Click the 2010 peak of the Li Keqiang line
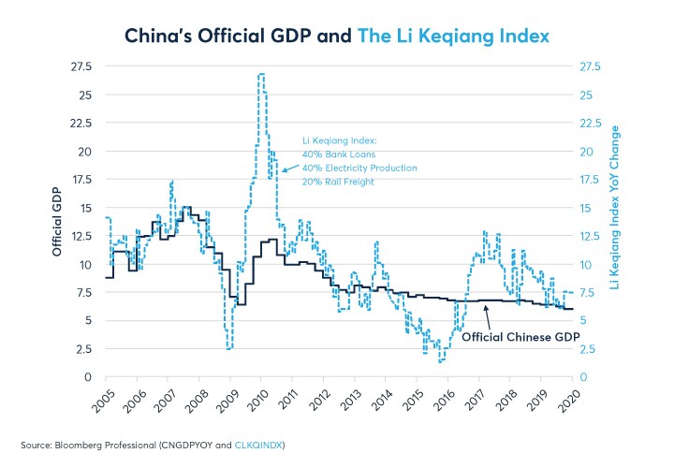(x=260, y=74)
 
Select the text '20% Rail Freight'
(x=337, y=182)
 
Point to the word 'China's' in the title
(x=160, y=36)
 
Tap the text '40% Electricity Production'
(x=359, y=168)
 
